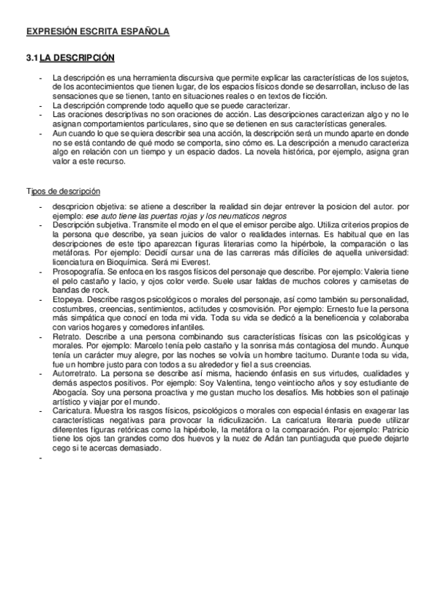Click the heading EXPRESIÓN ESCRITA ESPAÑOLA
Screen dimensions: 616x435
(x=97, y=32)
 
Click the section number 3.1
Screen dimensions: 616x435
(x=32, y=57)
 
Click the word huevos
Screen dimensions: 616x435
(x=189, y=439)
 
